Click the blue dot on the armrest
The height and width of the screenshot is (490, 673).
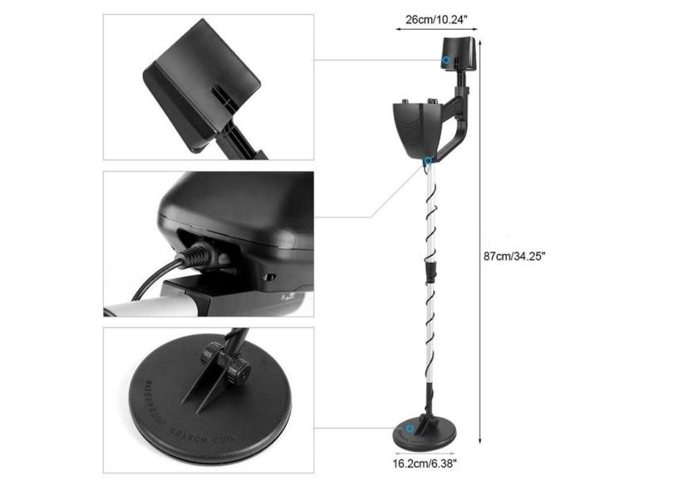point(447,61)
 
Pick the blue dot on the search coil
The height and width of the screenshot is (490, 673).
point(409,429)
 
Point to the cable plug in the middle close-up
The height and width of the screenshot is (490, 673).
point(196,254)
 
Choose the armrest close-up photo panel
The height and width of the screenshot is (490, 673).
point(208,86)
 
